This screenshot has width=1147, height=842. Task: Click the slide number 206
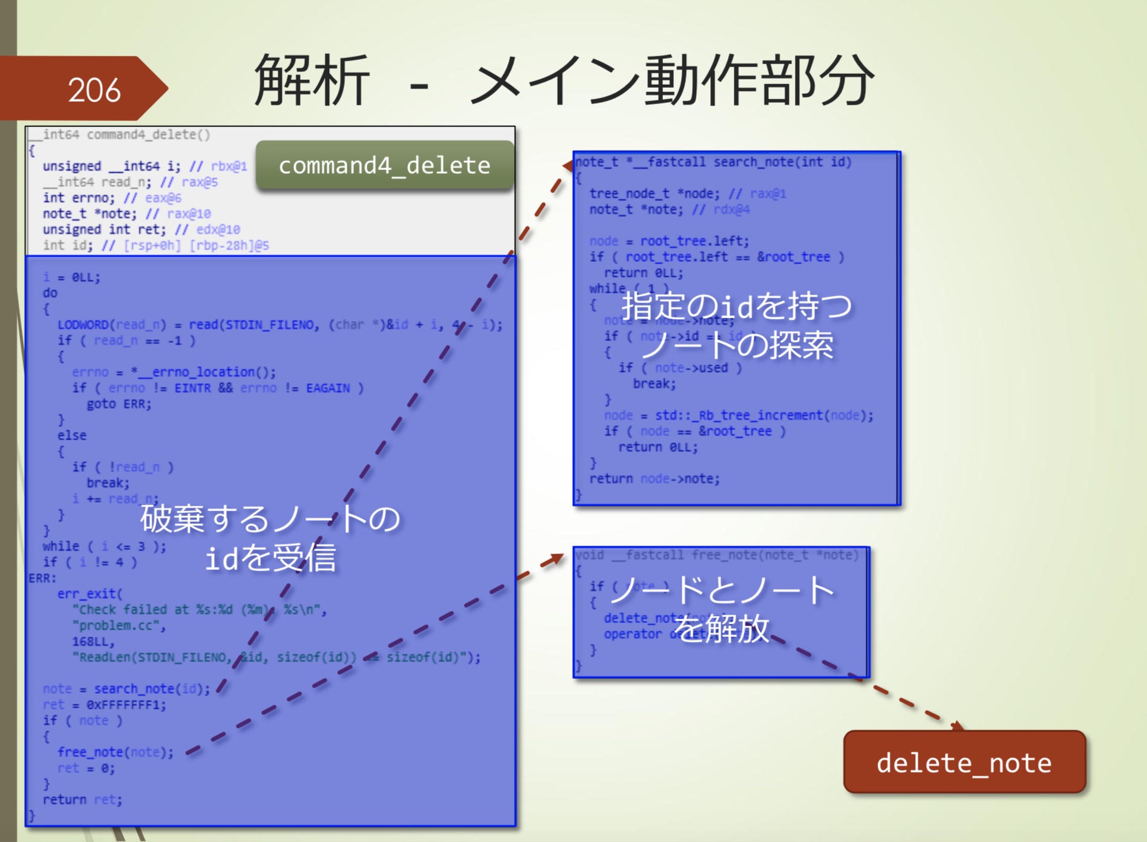tap(94, 90)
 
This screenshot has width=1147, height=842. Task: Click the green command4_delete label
tap(385, 165)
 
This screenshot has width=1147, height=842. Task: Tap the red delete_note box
tap(964, 762)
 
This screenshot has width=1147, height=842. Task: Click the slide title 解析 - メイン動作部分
tap(563, 80)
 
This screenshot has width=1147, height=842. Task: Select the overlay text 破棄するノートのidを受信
tap(270, 538)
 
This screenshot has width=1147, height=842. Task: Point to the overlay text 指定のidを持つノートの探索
tap(737, 325)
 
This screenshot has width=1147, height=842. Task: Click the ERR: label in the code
tap(42, 578)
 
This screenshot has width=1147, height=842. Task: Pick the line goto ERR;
tap(119, 403)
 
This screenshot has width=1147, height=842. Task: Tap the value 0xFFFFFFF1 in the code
tap(126, 705)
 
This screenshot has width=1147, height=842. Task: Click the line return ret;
tap(82, 800)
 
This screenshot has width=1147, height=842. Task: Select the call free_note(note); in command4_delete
tap(115, 752)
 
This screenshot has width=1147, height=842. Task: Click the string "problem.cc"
tap(119, 625)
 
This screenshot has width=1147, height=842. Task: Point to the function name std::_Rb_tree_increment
tap(739, 416)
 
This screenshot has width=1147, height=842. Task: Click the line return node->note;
tap(655, 478)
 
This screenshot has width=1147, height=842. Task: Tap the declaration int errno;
tap(78, 198)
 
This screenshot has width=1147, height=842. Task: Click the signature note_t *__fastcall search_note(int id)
tap(714, 162)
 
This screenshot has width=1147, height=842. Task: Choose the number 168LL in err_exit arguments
tap(93, 641)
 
